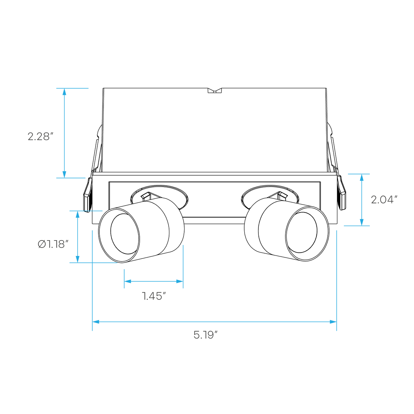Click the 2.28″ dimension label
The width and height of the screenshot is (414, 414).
(40, 136)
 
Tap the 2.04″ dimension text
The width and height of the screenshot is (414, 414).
(384, 200)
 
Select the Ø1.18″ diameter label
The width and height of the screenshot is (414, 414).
(53, 244)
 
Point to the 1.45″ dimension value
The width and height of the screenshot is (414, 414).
(154, 296)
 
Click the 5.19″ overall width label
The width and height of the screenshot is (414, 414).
(206, 335)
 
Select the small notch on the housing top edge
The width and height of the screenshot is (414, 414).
(215, 91)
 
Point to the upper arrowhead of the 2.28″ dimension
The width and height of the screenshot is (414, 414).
(64, 92)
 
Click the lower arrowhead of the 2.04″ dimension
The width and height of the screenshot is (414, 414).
(362, 222)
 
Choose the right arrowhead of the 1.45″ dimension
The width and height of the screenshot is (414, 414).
(180, 282)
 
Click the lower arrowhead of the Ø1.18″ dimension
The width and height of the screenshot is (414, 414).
(78, 259)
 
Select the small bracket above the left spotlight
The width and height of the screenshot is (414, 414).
(146, 196)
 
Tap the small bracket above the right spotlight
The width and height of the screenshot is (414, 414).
(282, 196)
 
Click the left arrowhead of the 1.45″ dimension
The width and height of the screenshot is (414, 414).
(128, 282)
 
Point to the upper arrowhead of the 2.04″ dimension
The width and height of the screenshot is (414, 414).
(362, 177)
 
